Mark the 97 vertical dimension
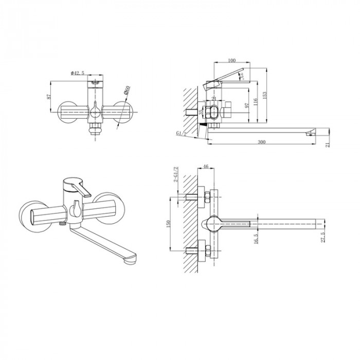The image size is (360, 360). (247, 105)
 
